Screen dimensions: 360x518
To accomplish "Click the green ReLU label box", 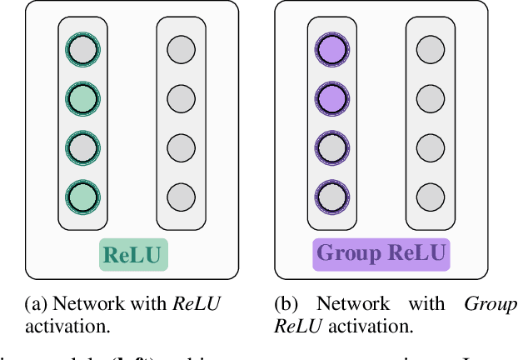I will (x=134, y=254).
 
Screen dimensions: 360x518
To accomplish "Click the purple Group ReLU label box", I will (x=381, y=254).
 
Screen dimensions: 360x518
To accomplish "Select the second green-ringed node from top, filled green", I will (x=82, y=99).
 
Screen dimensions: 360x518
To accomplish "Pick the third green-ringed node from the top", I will (x=82, y=148).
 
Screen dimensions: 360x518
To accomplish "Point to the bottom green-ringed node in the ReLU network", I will (x=82, y=197).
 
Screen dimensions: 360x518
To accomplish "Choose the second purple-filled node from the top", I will (x=331, y=99).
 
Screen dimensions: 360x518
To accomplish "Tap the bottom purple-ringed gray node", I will (x=331, y=197).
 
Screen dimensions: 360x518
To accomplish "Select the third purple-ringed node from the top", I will (x=331, y=148).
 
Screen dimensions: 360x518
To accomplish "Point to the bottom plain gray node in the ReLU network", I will (x=181, y=197).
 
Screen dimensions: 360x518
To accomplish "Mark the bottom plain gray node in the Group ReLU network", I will (x=430, y=197).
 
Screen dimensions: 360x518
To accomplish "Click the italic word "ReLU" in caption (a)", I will (x=197, y=304).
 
